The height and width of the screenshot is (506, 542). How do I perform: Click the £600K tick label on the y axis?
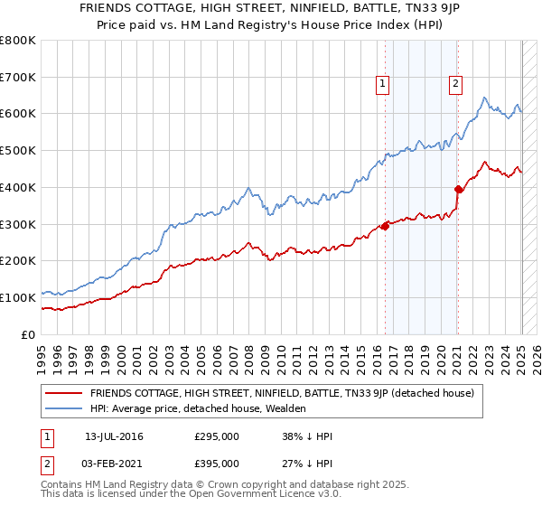pos(18,114)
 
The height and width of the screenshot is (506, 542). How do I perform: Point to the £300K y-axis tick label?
pos(18,224)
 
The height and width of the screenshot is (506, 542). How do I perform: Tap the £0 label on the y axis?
pos(27,334)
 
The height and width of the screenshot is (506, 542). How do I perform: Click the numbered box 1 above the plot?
pos(383,84)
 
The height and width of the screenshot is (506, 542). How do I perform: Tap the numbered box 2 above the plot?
pos(455,84)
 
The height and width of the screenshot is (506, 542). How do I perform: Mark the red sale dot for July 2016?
pos(385,226)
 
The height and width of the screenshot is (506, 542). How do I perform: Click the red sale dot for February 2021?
pos(458,189)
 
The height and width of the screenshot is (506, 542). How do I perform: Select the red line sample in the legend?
pos(64,393)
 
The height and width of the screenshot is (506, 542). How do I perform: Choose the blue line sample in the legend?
pos(64,408)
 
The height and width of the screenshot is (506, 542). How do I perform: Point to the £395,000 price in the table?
pos(217,464)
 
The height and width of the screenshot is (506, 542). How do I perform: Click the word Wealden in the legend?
pos(287,408)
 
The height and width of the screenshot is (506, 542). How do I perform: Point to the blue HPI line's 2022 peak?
pos(485,98)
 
